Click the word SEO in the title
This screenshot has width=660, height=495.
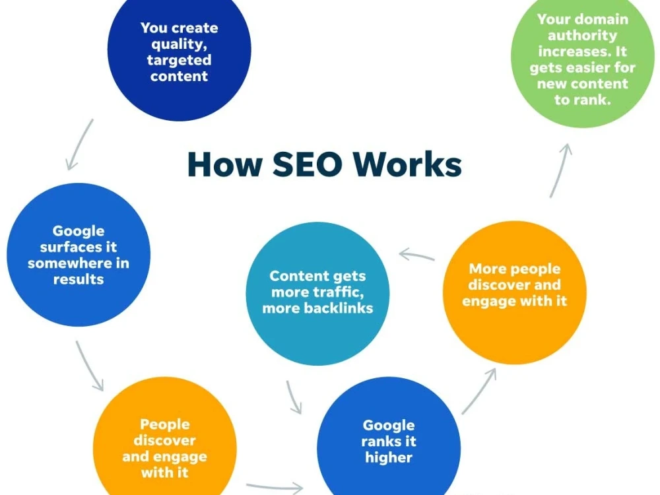click(308, 164)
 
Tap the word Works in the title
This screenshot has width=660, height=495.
click(407, 164)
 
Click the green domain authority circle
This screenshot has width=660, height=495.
click(583, 57)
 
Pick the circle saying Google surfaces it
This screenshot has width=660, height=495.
click(79, 255)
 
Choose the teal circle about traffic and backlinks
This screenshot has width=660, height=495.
click(318, 294)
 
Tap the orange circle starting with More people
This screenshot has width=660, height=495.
click(514, 292)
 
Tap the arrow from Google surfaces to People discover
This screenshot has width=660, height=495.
click(88, 366)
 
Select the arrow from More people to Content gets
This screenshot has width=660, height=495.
click(416, 255)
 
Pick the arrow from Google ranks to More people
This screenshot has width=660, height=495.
click(479, 391)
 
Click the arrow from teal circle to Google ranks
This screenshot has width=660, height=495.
click(294, 397)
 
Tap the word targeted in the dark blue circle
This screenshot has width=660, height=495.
click(180, 61)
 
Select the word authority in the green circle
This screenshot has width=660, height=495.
click(583, 36)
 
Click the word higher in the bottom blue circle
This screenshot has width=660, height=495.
click(389, 458)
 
